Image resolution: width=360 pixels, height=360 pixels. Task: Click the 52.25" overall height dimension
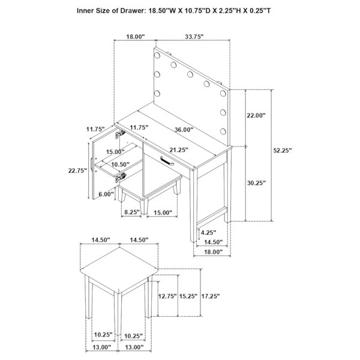[283, 151]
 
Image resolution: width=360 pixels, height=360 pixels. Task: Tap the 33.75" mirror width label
[194, 37]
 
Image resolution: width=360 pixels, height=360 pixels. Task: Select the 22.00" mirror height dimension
[256, 115]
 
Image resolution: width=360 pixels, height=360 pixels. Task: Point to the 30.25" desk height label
[256, 183]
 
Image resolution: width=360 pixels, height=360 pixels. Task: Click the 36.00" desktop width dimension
[184, 130]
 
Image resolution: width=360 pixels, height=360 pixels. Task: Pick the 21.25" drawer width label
[179, 150]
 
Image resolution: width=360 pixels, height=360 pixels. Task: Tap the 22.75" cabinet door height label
[77, 170]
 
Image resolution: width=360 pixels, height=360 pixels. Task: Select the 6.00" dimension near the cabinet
[106, 194]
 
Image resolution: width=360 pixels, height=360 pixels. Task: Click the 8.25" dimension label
[132, 212]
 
